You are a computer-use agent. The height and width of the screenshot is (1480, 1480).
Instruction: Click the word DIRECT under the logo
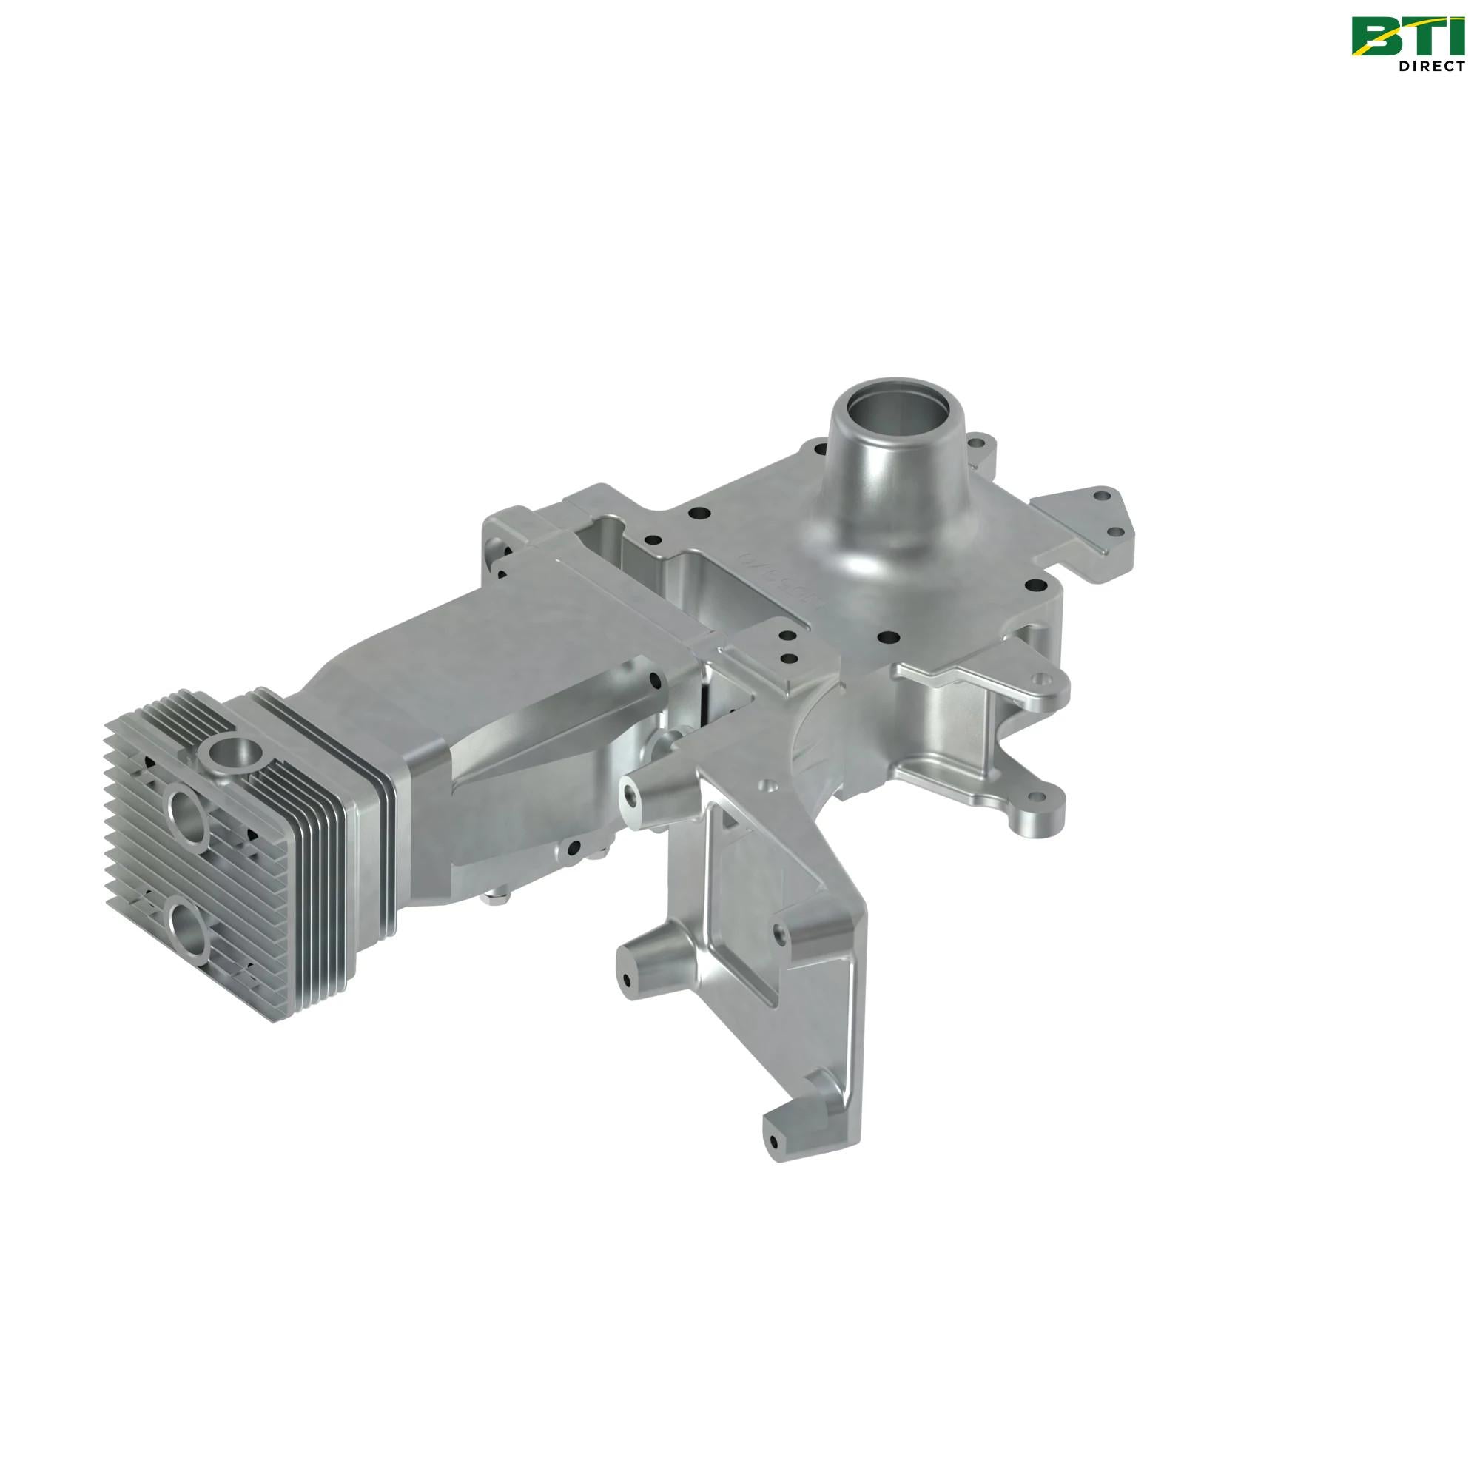point(1431,67)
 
